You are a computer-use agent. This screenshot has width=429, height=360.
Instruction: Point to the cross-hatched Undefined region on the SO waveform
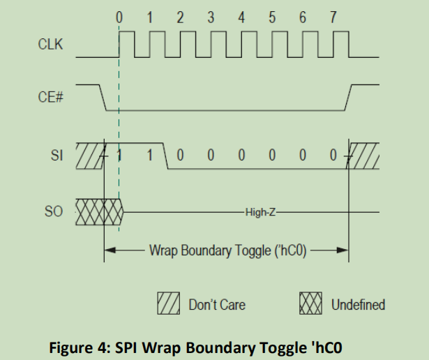pos(97,209)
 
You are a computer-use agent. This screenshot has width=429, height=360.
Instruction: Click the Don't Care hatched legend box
pos(172,304)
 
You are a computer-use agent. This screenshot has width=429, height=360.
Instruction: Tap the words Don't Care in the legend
pos(217,305)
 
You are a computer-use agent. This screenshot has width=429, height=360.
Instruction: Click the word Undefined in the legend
pos(358,305)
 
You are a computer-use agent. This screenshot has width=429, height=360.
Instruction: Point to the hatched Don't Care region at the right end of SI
pos(365,155)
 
